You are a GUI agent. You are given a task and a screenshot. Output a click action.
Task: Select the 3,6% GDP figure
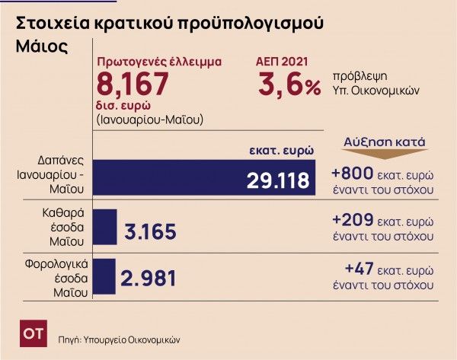point(289,82)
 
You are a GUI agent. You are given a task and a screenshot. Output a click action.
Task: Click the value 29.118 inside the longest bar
point(279,180)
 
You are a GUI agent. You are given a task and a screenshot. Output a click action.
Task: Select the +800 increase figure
point(351,172)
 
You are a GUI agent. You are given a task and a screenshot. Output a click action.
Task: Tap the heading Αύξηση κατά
point(384,142)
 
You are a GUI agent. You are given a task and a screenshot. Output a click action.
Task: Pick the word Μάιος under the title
point(41,46)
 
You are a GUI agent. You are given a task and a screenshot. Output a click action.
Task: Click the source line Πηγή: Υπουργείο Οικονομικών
point(121,336)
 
